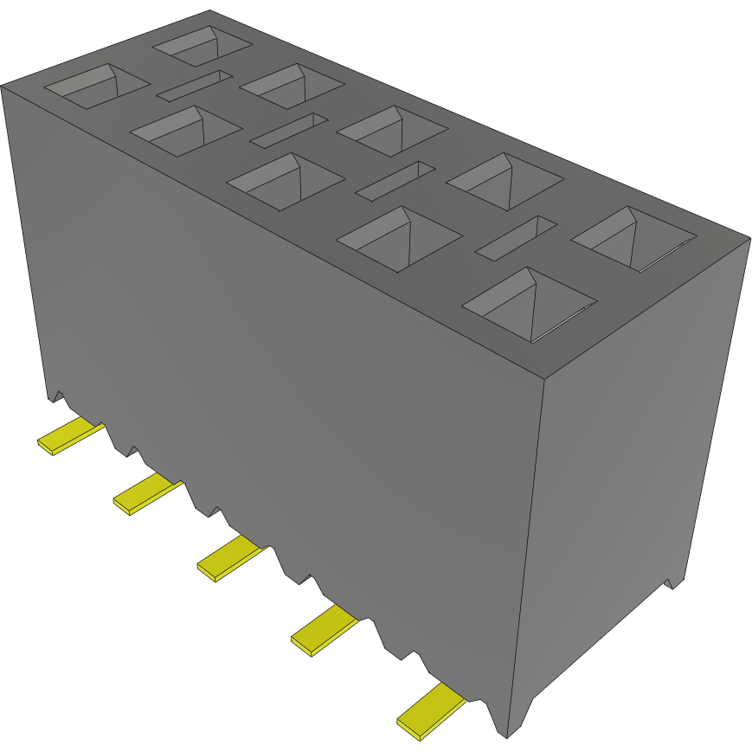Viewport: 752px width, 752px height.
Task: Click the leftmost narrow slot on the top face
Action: pos(195,85)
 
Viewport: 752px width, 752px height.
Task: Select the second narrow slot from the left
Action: pos(288,130)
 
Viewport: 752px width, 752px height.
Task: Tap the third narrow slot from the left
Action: pos(395,179)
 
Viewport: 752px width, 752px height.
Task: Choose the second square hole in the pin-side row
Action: pos(184,131)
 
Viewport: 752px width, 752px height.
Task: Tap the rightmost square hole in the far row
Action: pos(633,238)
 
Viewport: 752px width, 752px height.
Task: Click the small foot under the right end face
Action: pos(672,581)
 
